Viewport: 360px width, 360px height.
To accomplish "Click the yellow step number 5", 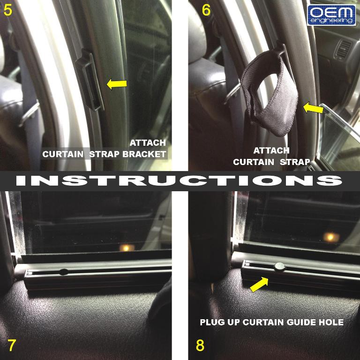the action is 8,10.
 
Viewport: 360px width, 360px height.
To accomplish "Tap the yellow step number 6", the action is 206,10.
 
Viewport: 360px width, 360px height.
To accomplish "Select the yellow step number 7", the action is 11,345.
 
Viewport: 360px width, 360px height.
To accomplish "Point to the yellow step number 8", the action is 200,345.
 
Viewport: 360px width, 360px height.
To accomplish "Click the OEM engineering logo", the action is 331,15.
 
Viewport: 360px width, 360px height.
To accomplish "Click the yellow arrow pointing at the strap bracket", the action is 117,84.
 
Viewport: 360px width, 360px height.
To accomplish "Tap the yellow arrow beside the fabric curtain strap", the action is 313,108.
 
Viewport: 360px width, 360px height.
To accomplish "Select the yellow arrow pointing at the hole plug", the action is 259,285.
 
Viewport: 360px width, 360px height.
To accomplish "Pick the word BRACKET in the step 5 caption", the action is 144,154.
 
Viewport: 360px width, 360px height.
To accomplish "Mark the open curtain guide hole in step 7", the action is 64,272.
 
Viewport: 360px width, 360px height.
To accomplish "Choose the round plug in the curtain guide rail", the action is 279,267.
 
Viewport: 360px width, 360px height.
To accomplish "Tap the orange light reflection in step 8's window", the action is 331,237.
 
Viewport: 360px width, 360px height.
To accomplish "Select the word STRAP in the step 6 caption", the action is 295,162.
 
